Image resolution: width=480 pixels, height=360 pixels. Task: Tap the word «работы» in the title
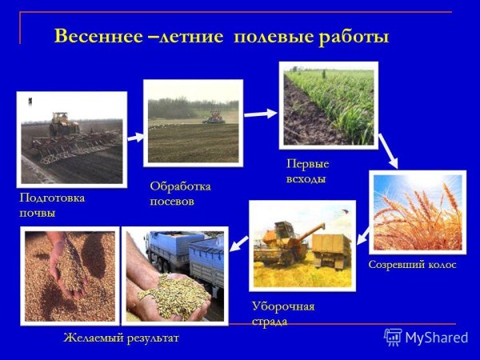pos(353,37)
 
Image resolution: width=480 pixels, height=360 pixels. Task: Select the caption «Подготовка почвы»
pos(52,205)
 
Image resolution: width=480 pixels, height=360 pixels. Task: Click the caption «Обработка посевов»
pos(180,194)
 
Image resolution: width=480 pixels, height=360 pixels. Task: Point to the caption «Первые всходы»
pos(307,171)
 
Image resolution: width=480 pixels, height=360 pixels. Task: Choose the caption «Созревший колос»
pos(412,264)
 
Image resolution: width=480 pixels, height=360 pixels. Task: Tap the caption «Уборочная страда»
pos(282,314)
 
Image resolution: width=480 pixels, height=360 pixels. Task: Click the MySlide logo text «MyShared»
pos(436,337)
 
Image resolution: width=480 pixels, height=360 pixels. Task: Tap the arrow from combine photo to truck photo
pos(237,247)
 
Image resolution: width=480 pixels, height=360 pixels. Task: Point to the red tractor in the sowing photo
pos(214,118)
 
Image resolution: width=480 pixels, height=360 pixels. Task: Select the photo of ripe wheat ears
pos(416,213)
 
